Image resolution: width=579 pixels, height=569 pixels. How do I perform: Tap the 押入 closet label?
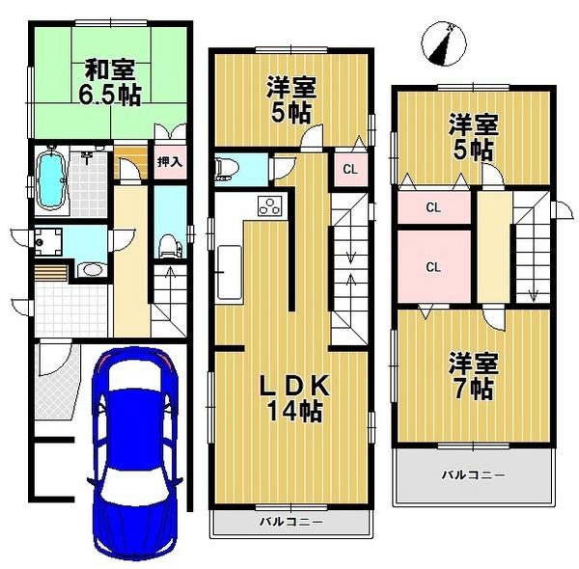[x=170, y=163]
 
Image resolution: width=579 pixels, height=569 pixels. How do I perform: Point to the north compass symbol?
[x=445, y=44]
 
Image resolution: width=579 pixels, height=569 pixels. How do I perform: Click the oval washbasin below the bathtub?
[x=91, y=269]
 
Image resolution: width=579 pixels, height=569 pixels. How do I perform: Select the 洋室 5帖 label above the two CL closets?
[x=472, y=136]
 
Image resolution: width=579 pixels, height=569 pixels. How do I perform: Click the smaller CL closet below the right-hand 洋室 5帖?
[x=432, y=206]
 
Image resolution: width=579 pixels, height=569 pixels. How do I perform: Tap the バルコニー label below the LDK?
[x=290, y=522]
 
